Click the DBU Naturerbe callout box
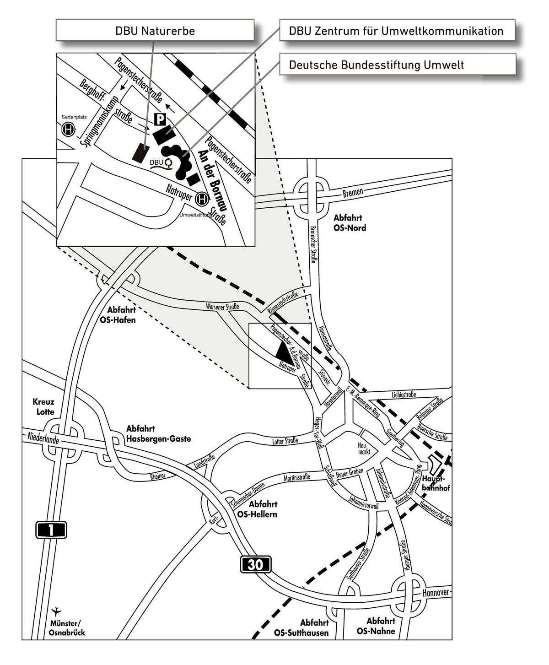click(x=155, y=31)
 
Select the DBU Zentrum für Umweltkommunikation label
click(x=396, y=31)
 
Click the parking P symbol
click(x=160, y=120)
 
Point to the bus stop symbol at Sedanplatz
click(x=69, y=130)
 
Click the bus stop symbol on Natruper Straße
click(x=202, y=199)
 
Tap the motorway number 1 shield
click(x=51, y=530)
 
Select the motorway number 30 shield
click(x=255, y=564)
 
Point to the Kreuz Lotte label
click(x=43, y=406)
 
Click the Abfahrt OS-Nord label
click(x=350, y=223)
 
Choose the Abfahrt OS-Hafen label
click(x=118, y=315)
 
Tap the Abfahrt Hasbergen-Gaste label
click(x=158, y=434)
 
